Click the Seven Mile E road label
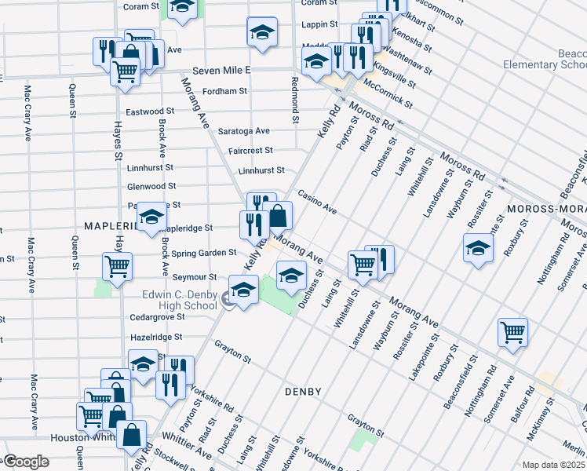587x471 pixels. pos(225,71)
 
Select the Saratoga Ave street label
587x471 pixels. pos(243,131)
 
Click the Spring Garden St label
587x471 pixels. pos(204,253)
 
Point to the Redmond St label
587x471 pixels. pos(295,100)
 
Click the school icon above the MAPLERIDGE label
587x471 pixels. pos(151,218)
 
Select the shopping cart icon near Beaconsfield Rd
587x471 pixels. pos(512,332)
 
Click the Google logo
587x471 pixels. pos(26,462)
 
